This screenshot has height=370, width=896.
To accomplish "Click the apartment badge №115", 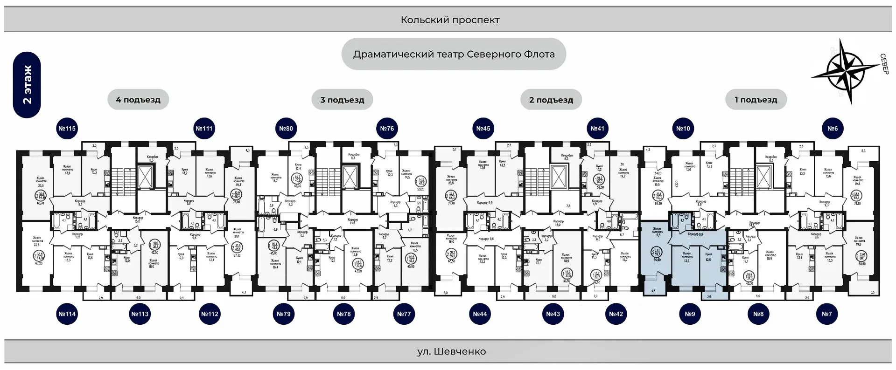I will [x=67, y=129].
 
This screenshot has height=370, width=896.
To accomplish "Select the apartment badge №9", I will [x=690, y=314].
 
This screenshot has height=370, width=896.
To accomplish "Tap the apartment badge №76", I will [x=387, y=129].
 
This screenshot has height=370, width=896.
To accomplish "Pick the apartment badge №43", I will [x=553, y=314].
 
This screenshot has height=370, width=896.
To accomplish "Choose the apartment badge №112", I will [x=210, y=314].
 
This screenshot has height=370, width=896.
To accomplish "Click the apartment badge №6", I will [x=833, y=129].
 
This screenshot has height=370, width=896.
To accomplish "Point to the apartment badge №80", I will [x=286, y=129].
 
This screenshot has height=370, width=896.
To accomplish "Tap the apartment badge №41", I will [x=597, y=129].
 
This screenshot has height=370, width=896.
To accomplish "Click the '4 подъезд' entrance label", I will [x=138, y=100].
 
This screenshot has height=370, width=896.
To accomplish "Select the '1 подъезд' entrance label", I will [x=756, y=100].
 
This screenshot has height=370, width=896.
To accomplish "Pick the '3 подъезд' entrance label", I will [x=342, y=100].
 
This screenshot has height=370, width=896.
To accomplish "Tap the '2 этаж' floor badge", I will [x=27, y=85].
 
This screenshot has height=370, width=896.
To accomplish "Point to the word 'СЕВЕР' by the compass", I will [x=884, y=64].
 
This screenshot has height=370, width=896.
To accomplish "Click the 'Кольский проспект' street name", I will [x=450, y=20].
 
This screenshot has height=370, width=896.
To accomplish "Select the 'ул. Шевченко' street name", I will [x=451, y=352].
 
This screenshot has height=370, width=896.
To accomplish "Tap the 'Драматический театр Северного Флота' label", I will [x=454, y=55].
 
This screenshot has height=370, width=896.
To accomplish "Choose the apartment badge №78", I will [x=344, y=314].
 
